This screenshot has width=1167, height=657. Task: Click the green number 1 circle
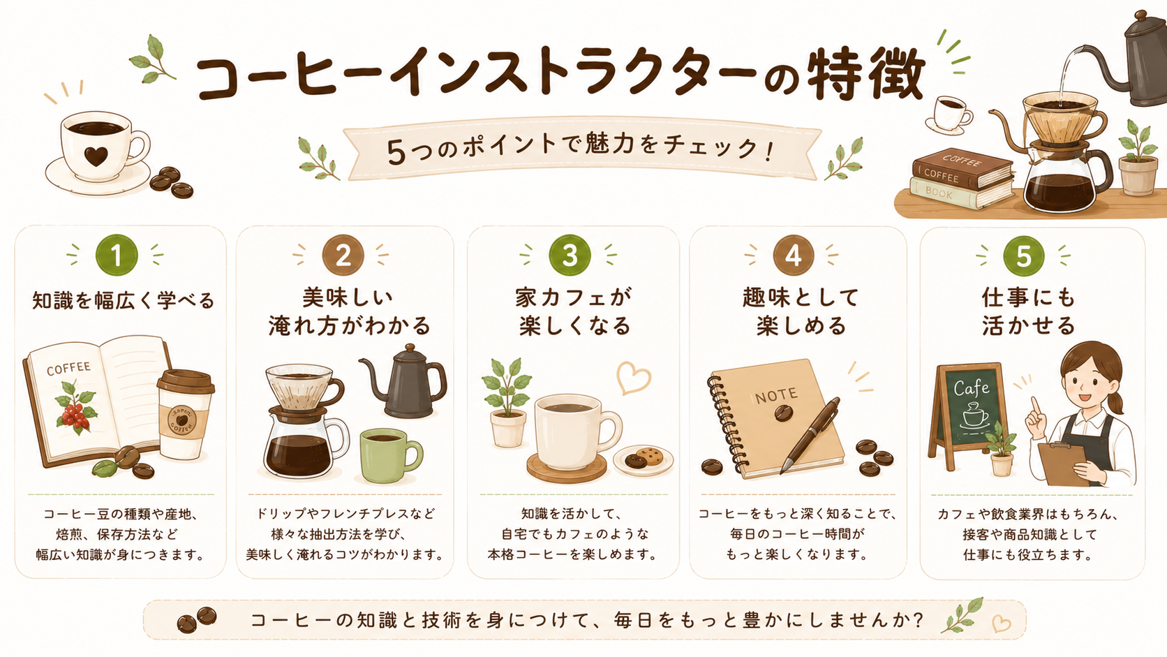point(117,256)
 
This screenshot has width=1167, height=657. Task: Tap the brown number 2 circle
point(343,256)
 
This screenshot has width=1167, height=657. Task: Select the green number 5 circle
point(1023,256)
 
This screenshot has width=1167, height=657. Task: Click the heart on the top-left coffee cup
point(96,156)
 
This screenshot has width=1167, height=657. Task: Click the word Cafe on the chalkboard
point(971,388)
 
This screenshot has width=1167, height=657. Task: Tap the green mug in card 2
point(389,455)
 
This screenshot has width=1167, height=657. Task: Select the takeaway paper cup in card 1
point(186,414)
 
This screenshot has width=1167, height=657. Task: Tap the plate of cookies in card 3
point(643,459)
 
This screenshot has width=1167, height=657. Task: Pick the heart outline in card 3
point(634,378)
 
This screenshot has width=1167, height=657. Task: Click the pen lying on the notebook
point(810,436)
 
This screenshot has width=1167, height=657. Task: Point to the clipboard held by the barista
point(1064,464)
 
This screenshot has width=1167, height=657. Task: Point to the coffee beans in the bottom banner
point(197,619)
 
